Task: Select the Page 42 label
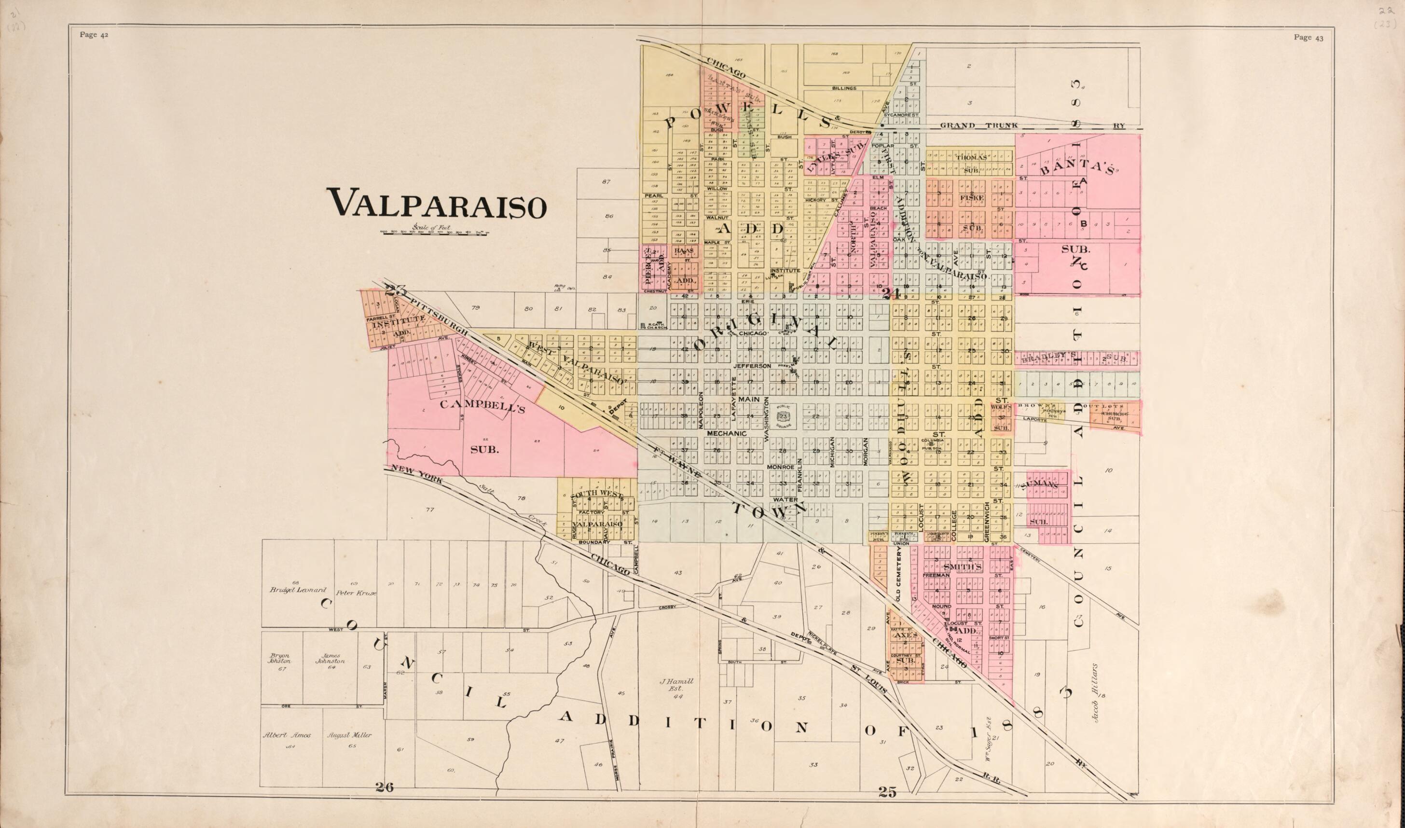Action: click(x=94, y=35)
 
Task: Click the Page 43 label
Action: click(x=1308, y=38)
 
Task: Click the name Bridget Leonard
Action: click(x=289, y=590)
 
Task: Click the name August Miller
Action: click(x=349, y=735)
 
